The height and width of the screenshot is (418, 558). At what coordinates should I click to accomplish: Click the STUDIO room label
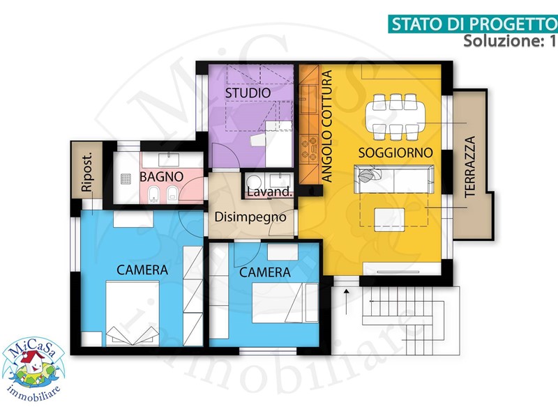click(x=248, y=93)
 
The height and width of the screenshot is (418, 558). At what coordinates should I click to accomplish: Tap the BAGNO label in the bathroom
click(x=162, y=177)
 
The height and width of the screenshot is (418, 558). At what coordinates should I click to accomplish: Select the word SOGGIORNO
click(x=395, y=153)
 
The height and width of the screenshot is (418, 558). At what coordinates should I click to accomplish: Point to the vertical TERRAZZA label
click(x=470, y=167)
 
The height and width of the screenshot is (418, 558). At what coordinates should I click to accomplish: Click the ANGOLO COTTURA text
click(x=326, y=126)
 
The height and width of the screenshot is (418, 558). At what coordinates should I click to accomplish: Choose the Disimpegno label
click(x=250, y=217)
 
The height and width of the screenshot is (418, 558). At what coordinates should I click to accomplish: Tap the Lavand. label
click(x=270, y=192)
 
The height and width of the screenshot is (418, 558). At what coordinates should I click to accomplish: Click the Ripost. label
click(x=87, y=172)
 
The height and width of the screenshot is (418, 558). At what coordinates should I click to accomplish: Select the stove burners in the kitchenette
click(x=309, y=148)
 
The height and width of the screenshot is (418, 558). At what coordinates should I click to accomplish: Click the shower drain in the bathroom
click(x=126, y=179)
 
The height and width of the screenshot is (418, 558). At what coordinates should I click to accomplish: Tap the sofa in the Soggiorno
click(x=394, y=179)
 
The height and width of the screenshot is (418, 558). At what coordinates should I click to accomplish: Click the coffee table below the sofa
click(x=389, y=219)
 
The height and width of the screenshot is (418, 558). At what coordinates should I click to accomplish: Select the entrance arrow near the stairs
click(x=346, y=302)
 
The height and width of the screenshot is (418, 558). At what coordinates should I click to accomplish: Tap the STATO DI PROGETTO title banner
click(x=473, y=24)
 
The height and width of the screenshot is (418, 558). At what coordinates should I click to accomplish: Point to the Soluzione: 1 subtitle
click(x=509, y=41)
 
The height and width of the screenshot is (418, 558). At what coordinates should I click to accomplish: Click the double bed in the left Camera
click(x=133, y=313)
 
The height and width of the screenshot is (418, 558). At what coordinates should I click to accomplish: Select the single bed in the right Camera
click(x=285, y=303)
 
